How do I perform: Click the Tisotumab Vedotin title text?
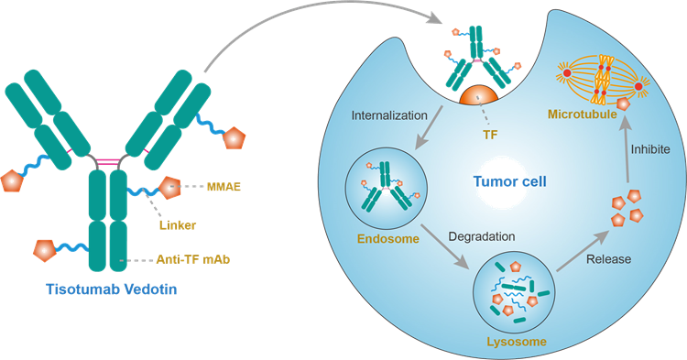click(x=111, y=289)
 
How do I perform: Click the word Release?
click(x=607, y=259)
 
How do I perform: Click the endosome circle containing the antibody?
click(x=385, y=190)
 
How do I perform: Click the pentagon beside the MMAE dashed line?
click(x=171, y=188)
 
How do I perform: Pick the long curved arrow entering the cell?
click(x=302, y=32)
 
